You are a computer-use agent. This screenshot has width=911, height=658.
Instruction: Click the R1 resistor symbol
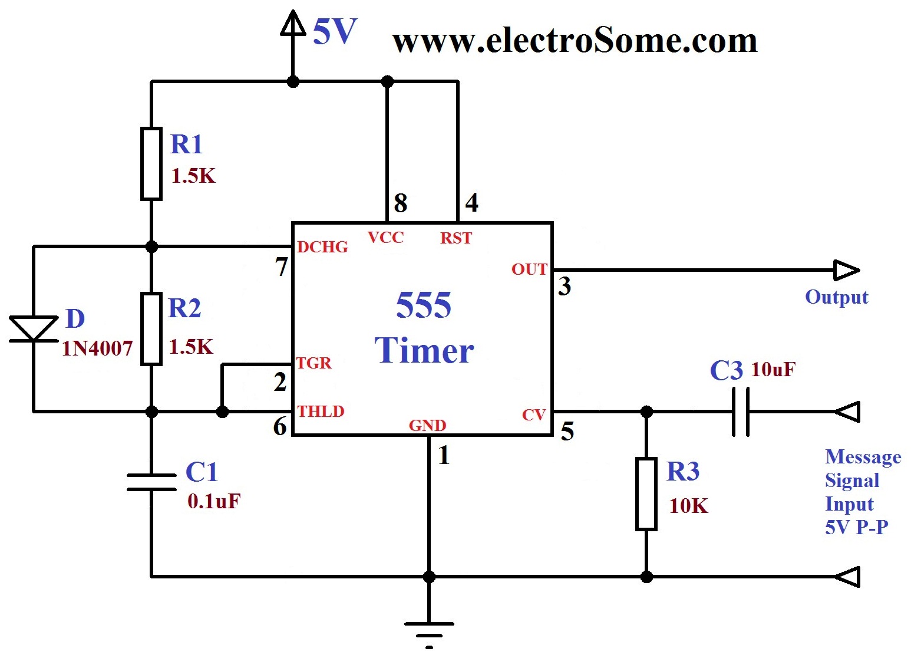pos(151,164)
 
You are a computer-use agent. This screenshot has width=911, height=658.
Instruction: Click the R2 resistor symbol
pos(151,329)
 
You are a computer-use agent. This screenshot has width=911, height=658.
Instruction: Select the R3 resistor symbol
pos(646,494)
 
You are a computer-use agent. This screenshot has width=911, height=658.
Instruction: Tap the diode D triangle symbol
pos(34,328)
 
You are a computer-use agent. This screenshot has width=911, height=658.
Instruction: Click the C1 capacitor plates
pos(151,482)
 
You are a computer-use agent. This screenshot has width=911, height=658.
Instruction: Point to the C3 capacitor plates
pos(741,412)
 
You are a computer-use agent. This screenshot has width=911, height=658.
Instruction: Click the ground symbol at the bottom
pos(429,630)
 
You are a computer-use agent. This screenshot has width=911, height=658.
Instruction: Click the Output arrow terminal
pos(846,271)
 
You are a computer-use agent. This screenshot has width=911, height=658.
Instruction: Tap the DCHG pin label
pos(322,247)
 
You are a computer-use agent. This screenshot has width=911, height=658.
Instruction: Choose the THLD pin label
pos(321,411)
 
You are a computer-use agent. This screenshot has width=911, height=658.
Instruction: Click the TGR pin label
pos(314,363)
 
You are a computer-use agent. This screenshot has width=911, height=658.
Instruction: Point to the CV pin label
pos(534,415)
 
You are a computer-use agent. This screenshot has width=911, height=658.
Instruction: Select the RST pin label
pos(456,238)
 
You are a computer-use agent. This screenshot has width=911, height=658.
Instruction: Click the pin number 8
pos(401,203)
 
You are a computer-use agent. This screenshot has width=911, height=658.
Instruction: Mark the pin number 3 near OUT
pos(565,287)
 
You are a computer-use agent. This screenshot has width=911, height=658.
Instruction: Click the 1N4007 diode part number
pos(97,348)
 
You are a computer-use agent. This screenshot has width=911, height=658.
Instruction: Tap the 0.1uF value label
pos(214,501)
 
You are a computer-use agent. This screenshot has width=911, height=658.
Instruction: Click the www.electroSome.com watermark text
pos(575,41)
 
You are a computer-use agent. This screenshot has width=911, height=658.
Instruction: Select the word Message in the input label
pos(863,457)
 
